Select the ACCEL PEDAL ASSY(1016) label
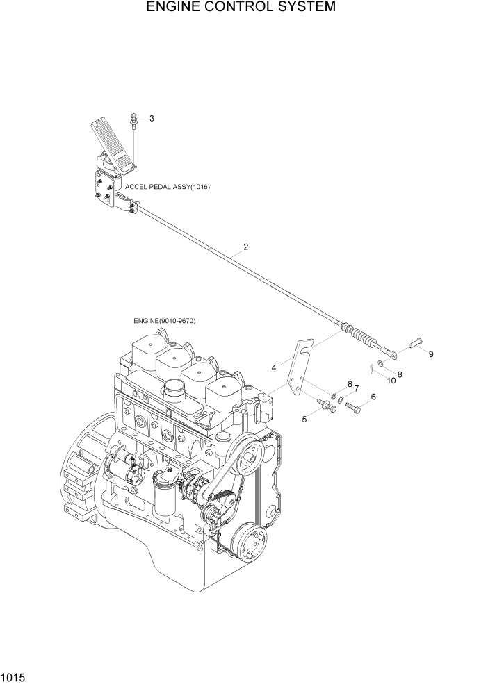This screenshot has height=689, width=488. (x=168, y=188)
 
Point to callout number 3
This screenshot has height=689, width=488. (x=152, y=118)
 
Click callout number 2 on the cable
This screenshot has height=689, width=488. (x=245, y=247)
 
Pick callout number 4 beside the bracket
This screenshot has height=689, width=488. (x=274, y=367)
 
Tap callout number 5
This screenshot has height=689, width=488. (x=304, y=419)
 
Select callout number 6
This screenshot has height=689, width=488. (x=373, y=397)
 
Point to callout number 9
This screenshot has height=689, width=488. (x=430, y=354)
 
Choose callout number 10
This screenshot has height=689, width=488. (x=391, y=380)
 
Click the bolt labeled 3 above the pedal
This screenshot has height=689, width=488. (x=133, y=122)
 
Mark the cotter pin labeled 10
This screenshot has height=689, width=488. (x=374, y=369)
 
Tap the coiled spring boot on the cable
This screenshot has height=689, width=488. (x=362, y=338)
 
